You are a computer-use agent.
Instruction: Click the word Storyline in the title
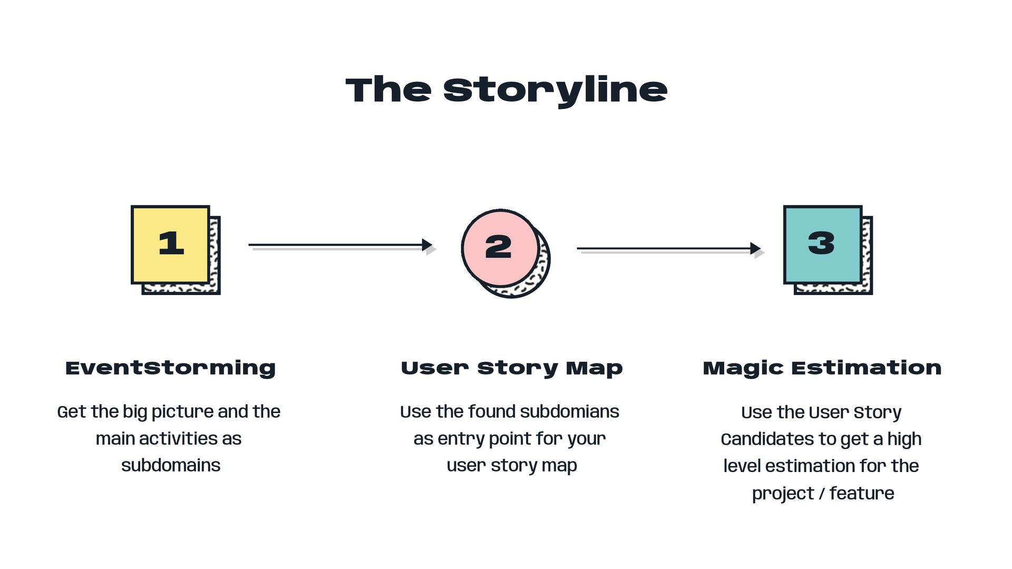555,90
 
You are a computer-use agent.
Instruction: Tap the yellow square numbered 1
170,244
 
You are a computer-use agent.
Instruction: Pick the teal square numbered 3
822,244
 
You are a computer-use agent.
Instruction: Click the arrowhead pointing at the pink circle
427,245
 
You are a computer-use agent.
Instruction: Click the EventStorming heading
170,368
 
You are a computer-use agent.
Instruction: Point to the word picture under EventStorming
183,412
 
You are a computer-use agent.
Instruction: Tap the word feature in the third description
862,493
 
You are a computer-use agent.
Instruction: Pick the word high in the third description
904,439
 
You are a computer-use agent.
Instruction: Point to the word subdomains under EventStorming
171,465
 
